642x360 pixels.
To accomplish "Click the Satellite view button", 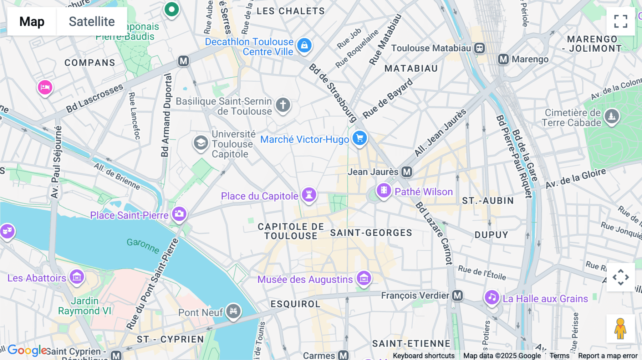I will pyautogui.click(x=92, y=21).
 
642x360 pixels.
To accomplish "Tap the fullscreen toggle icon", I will pyautogui.click(x=621, y=21).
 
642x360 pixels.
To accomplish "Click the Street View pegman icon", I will pyautogui.click(x=621, y=329).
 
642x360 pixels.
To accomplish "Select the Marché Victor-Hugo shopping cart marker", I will pyautogui.click(x=360, y=138).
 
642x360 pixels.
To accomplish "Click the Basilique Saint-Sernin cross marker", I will pyautogui.click(x=283, y=105).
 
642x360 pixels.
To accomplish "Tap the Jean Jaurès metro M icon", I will pyautogui.click(x=407, y=172).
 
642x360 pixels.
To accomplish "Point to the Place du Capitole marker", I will pyautogui.click(x=309, y=195).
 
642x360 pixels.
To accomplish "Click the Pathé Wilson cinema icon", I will pyautogui.click(x=384, y=190).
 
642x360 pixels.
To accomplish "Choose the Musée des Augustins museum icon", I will pyautogui.click(x=364, y=278).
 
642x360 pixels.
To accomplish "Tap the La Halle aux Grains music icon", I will pyautogui.click(x=492, y=297).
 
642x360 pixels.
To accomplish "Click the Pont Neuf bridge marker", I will pyautogui.click(x=233, y=311).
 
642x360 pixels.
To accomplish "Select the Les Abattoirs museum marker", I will pyautogui.click(x=77, y=277).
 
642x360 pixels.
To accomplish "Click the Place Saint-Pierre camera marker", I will pyautogui.click(x=179, y=214).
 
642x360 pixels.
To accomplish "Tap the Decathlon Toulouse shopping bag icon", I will pyautogui.click(x=304, y=45).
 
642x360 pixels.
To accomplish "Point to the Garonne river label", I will pyautogui.click(x=143, y=246).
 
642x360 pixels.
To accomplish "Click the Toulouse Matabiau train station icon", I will pyautogui.click(x=479, y=48).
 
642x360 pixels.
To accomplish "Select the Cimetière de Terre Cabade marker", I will pyautogui.click(x=612, y=116).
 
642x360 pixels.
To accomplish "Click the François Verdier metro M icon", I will pyautogui.click(x=457, y=295).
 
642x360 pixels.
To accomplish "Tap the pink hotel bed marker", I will pyautogui.click(x=45, y=87).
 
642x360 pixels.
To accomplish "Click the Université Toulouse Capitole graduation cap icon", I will pyautogui.click(x=201, y=143).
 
